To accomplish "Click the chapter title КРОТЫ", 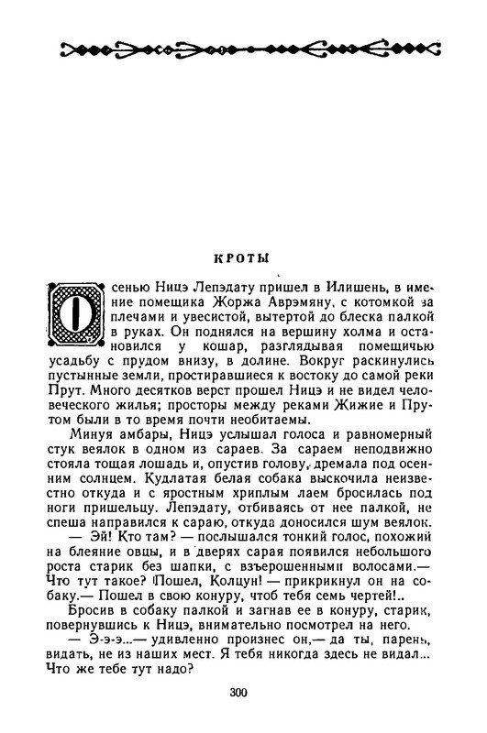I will click(x=242, y=259).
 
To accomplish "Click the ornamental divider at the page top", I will click(x=242, y=49).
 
